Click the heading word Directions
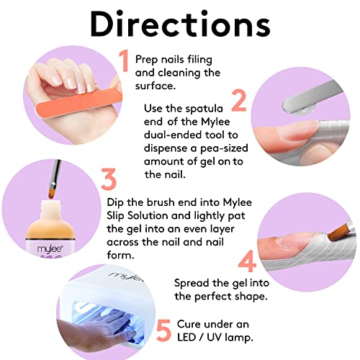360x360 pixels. [x=179, y=26]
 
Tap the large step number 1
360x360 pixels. [x=123, y=61]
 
